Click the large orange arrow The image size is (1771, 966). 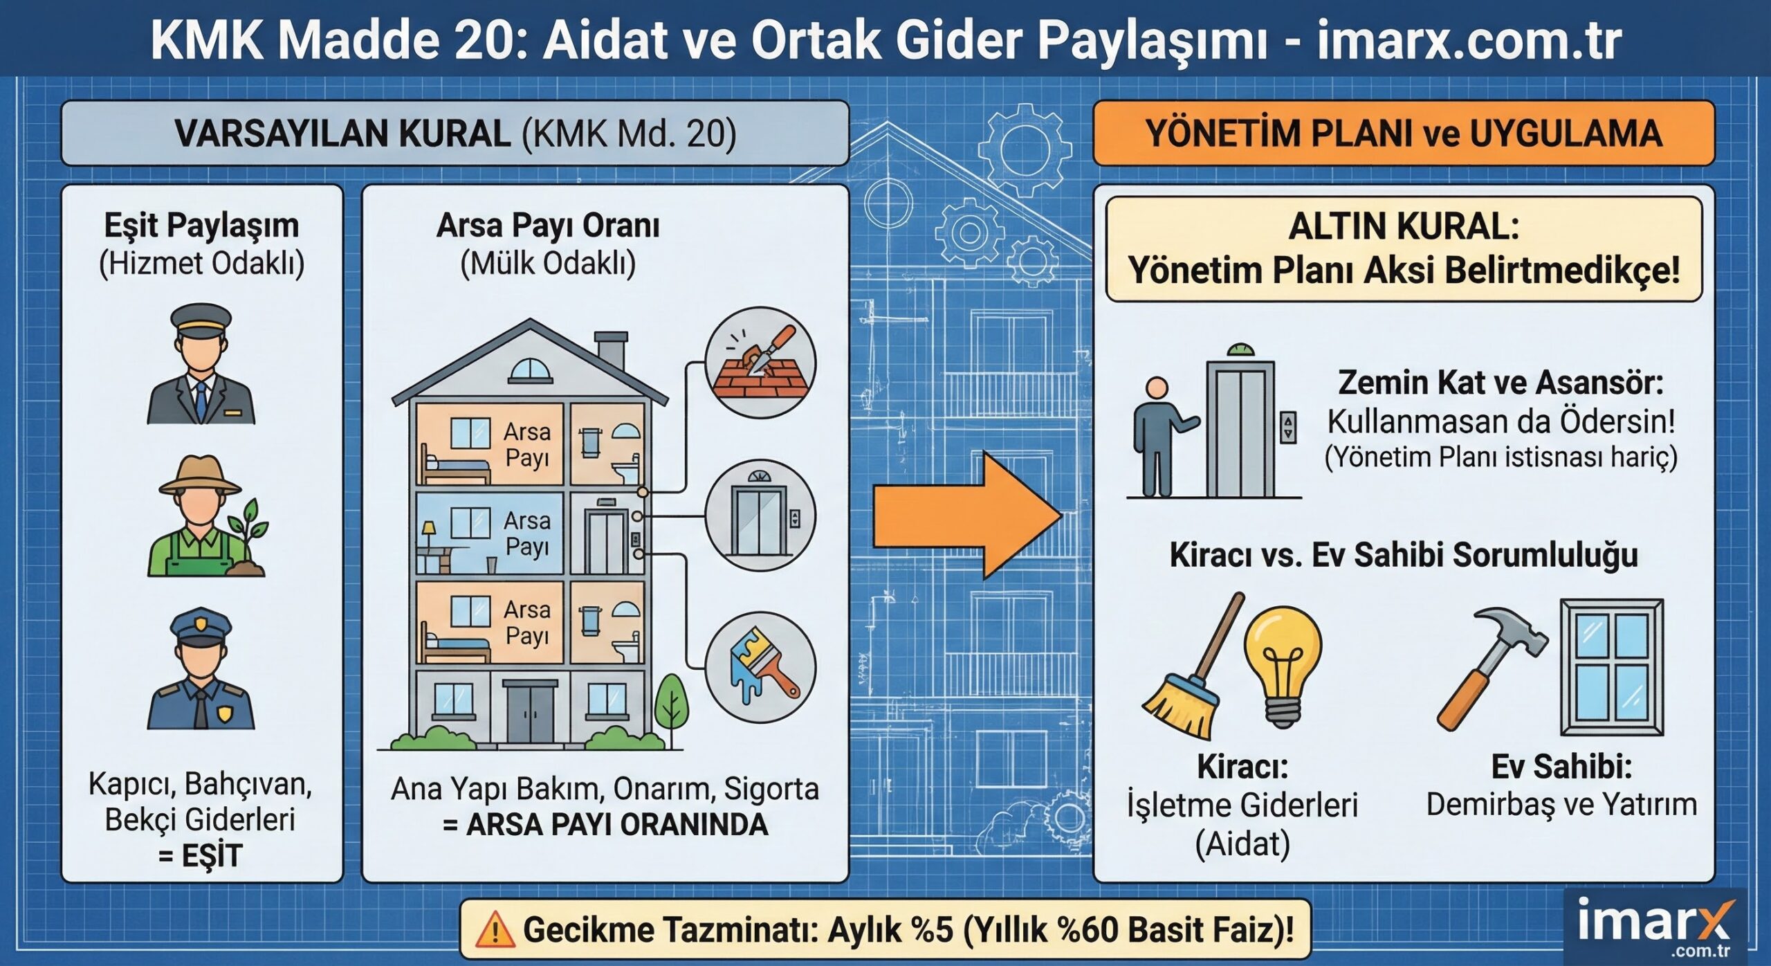click(965, 516)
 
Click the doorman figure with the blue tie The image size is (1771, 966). click(201, 367)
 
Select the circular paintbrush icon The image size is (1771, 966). click(760, 667)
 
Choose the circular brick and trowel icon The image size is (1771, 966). click(760, 363)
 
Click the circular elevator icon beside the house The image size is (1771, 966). click(760, 516)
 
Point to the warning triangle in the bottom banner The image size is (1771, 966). click(495, 929)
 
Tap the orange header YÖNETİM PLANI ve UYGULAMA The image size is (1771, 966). click(1403, 134)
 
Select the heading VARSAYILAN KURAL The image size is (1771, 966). click(342, 134)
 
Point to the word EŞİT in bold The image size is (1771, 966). click(210, 856)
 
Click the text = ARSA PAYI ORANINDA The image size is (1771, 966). click(605, 825)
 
